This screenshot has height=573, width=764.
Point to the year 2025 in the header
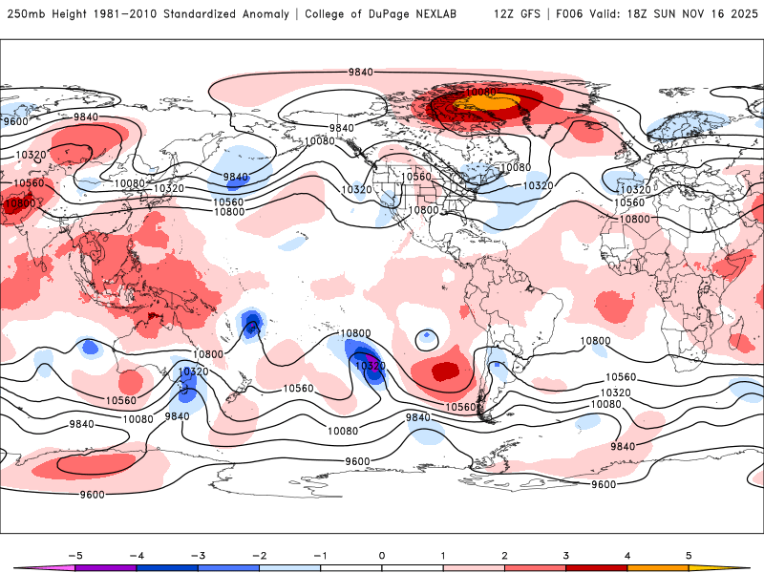(743, 14)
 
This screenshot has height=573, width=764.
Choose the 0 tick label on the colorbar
(382, 554)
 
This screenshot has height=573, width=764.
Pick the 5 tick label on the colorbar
(689, 554)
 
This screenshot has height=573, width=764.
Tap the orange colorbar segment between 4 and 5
(658, 567)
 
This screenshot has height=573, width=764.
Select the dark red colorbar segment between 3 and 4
(597, 567)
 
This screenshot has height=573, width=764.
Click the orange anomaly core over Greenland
(475, 100)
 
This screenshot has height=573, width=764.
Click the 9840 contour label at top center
(361, 73)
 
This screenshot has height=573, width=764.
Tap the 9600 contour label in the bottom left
(93, 495)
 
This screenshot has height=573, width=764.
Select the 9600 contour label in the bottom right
(604, 484)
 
